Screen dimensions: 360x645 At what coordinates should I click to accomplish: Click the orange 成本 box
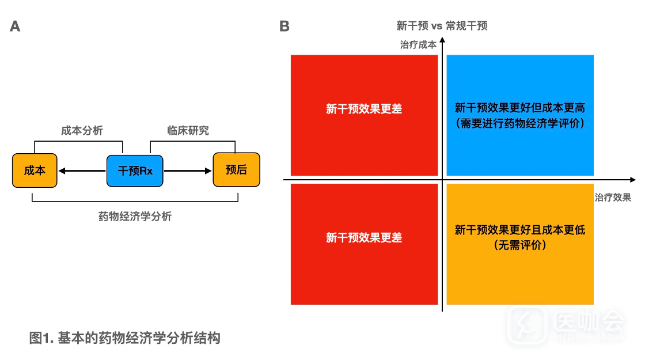[x=35, y=170]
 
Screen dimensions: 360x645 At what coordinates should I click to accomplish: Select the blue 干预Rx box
[x=135, y=170]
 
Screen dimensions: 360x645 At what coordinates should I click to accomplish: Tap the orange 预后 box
[x=236, y=170]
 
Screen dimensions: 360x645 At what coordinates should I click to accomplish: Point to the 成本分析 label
[x=82, y=131]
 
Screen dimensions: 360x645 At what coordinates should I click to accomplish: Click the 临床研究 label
[x=188, y=131]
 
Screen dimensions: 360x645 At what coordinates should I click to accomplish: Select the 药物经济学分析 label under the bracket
[x=135, y=217]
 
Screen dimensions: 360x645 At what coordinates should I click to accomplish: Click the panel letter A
[x=15, y=26]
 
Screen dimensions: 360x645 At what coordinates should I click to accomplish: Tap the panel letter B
[x=284, y=26]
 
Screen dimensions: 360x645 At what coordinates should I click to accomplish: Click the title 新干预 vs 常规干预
[x=442, y=25]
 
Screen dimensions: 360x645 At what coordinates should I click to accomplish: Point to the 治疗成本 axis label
[x=418, y=44]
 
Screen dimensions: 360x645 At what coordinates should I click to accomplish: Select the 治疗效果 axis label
[x=613, y=198]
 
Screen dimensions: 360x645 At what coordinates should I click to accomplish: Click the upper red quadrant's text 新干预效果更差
[x=364, y=109]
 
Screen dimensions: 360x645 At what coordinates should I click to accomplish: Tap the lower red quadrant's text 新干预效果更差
[x=364, y=237]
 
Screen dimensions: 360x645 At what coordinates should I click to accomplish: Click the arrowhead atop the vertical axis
[x=442, y=41]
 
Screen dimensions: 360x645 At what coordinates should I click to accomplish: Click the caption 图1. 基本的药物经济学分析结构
[x=125, y=338]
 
